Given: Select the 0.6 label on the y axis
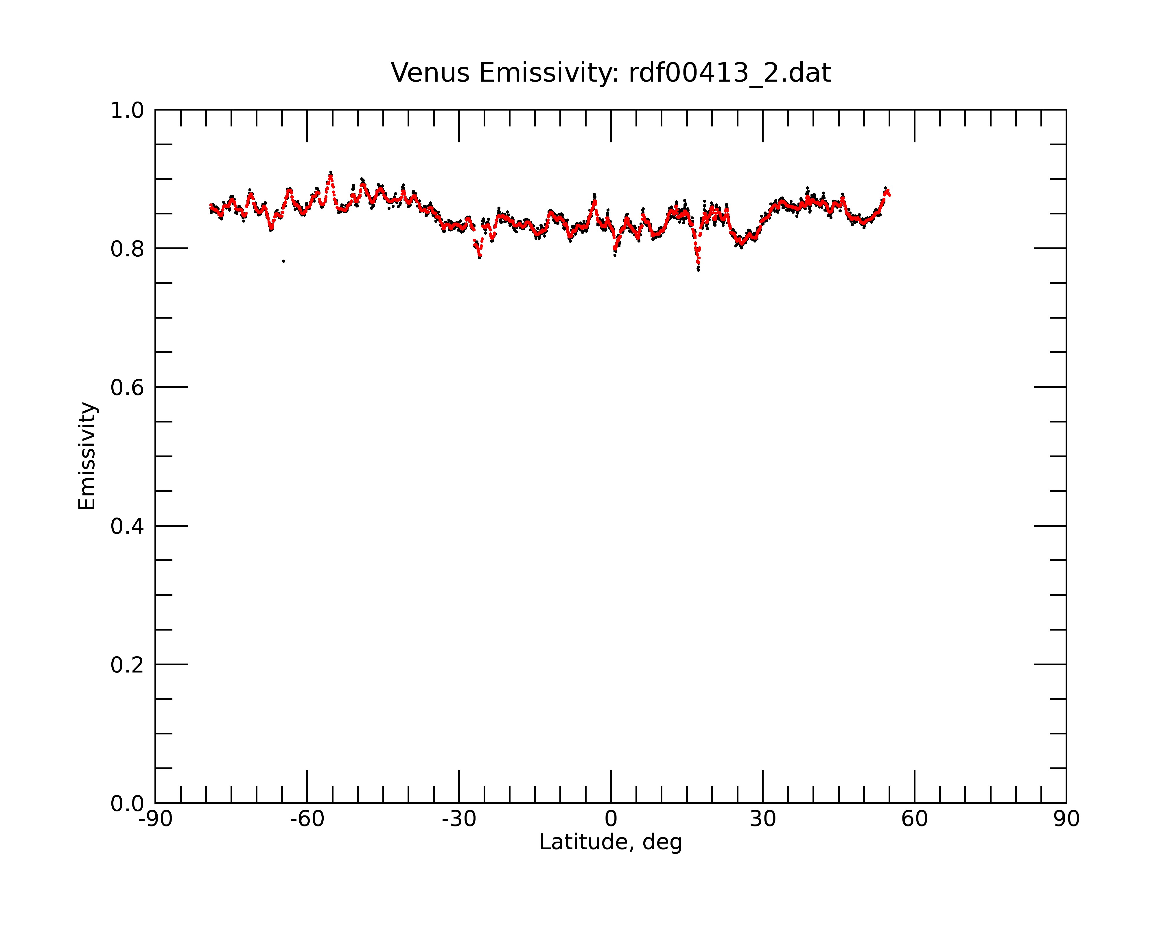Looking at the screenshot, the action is point(127,387).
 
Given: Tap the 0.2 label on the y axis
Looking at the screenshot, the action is point(127,665).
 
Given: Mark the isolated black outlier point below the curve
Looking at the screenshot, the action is point(283,261).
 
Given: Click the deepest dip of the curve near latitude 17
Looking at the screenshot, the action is point(698,269).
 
